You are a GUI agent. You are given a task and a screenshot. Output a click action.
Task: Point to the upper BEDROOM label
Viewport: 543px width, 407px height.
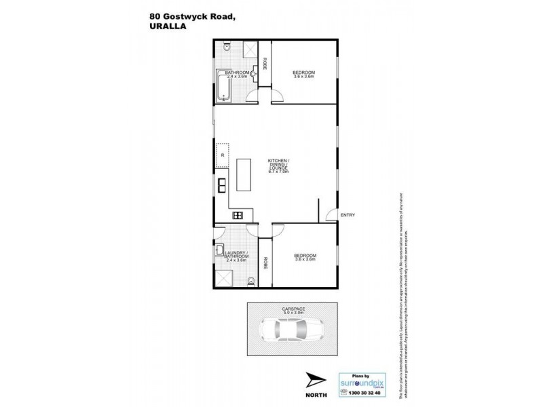pyautogui.click(x=303, y=73)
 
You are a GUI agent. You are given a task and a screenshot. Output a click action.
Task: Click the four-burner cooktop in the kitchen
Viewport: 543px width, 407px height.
pyautogui.click(x=238, y=215)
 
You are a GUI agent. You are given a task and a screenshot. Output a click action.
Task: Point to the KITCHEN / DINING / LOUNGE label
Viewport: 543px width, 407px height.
pyautogui.click(x=278, y=166)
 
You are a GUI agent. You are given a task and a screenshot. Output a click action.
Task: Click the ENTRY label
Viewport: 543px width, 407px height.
pyautogui.click(x=348, y=215)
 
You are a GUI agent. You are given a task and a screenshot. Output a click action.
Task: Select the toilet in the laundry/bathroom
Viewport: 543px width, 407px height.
pyautogui.click(x=251, y=280)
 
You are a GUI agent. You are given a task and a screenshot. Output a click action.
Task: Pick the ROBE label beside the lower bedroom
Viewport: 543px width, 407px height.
pyautogui.click(x=265, y=263)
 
